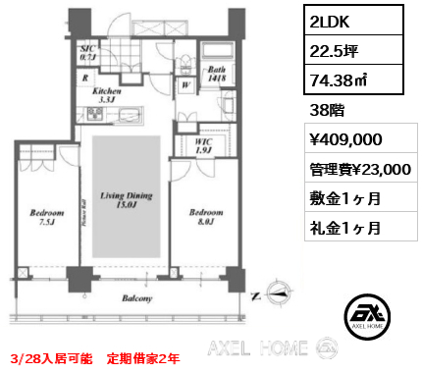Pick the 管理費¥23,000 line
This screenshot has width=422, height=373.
coord(353,169)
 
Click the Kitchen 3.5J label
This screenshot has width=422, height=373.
coord(107,93)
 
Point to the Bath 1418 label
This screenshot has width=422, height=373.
coord(217,75)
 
